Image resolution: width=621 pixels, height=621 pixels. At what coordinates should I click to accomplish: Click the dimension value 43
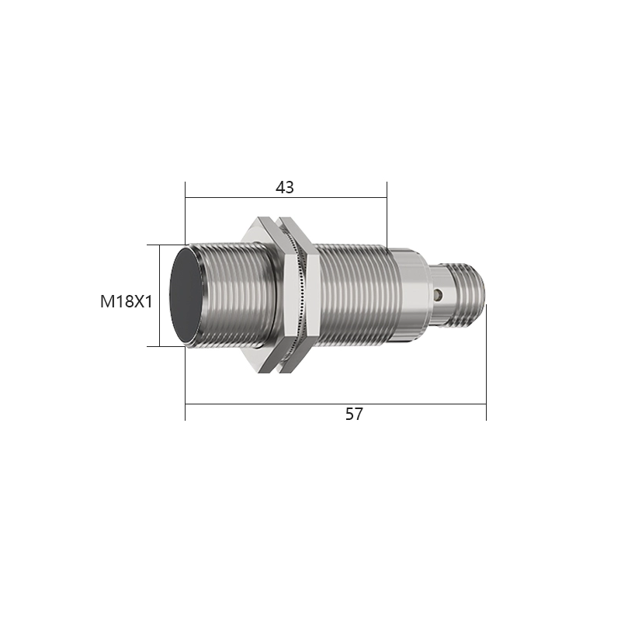coord(285,187)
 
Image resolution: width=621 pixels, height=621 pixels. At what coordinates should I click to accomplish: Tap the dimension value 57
coord(354,414)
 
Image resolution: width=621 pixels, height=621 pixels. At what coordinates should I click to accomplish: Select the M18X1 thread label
coord(125,301)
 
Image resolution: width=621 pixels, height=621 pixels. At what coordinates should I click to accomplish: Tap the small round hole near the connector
coord(439,296)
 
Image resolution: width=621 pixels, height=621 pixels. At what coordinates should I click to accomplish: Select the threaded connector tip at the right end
coord(467,295)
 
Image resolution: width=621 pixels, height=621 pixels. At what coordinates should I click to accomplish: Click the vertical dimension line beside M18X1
coord(159,295)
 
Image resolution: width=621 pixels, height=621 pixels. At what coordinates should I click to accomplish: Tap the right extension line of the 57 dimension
coord(486,365)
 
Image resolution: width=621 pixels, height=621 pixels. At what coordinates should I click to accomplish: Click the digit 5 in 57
coord(349,414)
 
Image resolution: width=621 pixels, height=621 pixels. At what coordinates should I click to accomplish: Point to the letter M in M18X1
coord(106,301)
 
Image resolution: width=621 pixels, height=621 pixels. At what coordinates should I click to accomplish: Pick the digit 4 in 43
coord(280,187)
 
